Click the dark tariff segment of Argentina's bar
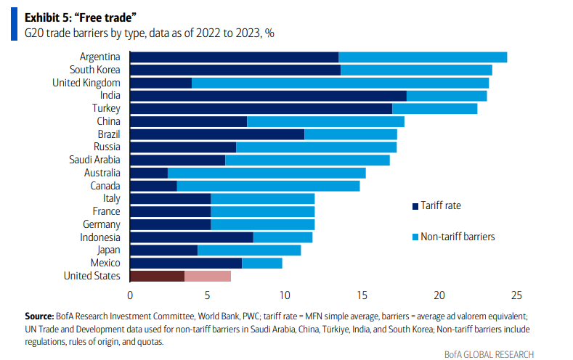pos(234,57)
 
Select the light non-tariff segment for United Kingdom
pos(340,83)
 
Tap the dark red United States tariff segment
pos(157,276)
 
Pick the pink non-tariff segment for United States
pos(208,276)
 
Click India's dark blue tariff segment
pos(267,96)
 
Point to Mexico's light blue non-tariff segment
pos(261,263)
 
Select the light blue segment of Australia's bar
pos(267,173)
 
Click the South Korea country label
pos(94,70)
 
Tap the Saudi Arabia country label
pos(94,160)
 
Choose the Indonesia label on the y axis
pos(100,237)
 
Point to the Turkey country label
pos(105,108)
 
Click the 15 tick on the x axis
pos(362,295)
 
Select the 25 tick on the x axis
pos(516,295)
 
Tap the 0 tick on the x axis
pos(130,295)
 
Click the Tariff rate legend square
pos(415,206)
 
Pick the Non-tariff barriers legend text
pos(458,237)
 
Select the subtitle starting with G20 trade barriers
pos(150,33)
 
